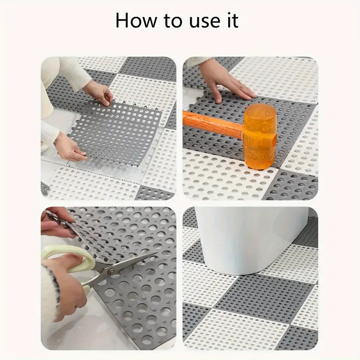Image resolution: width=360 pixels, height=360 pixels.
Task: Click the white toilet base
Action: (x=243, y=238)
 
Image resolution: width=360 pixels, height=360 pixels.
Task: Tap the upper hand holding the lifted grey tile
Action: (x=99, y=92)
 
